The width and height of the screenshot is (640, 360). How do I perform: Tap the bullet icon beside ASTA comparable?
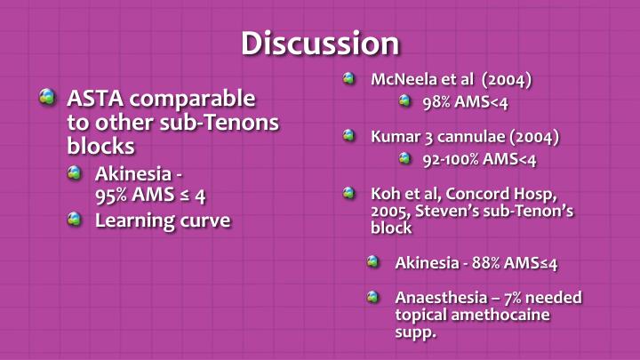[48, 98]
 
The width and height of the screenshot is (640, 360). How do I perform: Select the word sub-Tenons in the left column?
[228, 122]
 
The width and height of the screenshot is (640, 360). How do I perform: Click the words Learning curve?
[163, 220]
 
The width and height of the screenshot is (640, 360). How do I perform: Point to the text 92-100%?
[454, 160]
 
